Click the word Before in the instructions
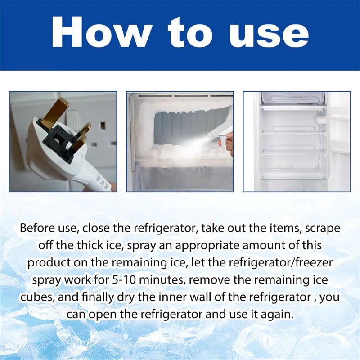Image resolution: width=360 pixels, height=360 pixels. point(40,228)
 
